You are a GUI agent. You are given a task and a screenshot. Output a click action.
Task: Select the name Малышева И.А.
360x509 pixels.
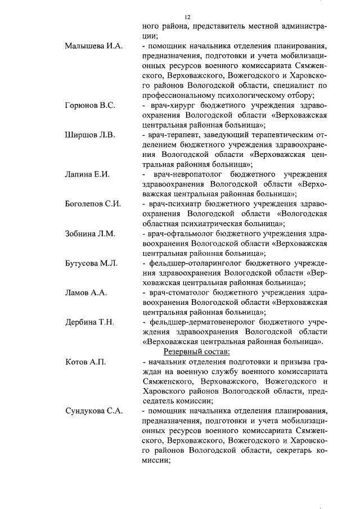coord(94,45)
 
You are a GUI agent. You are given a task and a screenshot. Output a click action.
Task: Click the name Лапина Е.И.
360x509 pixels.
coord(87,174)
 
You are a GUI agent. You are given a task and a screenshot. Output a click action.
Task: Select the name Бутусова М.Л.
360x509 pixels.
coord(92,263)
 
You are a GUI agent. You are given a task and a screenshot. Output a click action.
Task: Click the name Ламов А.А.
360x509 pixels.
coord(86,293)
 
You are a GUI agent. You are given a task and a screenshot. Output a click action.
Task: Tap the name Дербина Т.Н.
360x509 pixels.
coord(90,322)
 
